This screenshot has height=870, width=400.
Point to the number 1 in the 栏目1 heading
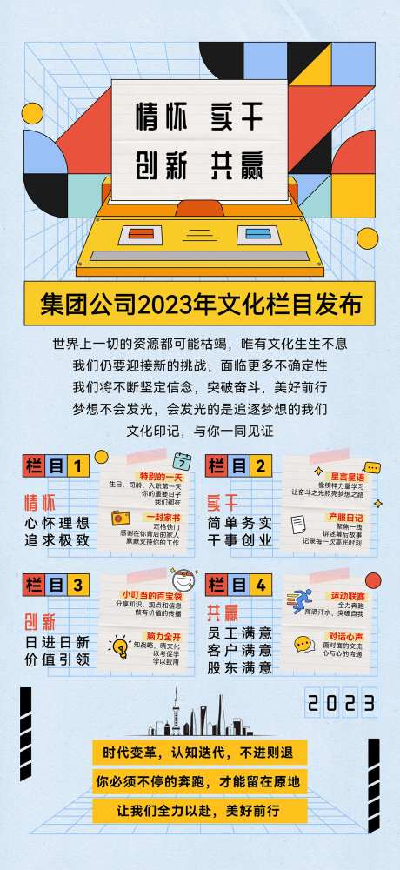click(x=79, y=466)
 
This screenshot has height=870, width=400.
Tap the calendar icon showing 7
click(x=181, y=462)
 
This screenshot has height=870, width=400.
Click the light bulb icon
click(x=119, y=646)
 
